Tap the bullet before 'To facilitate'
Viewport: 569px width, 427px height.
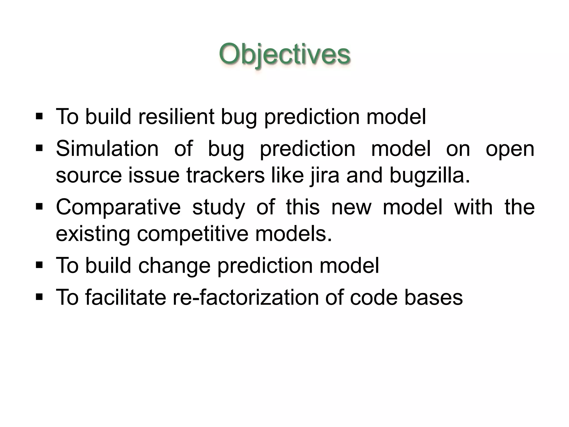[x=39, y=296]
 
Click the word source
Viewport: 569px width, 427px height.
[x=89, y=176]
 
